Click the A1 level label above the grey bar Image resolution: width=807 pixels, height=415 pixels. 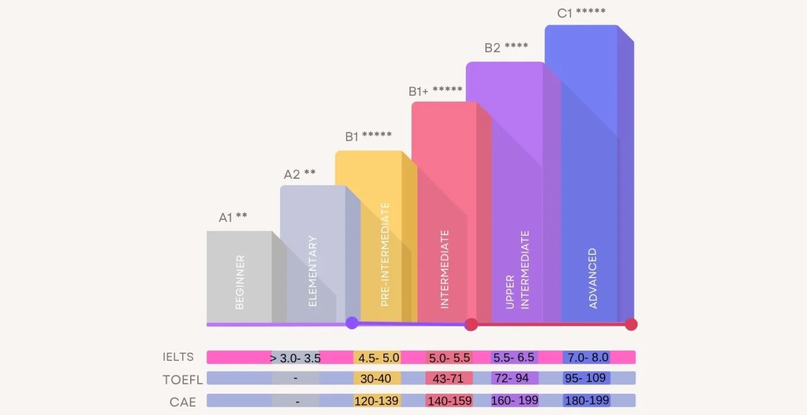(x=232, y=217)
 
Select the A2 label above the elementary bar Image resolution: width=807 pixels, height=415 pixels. (x=299, y=174)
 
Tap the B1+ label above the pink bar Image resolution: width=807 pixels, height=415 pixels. (x=435, y=90)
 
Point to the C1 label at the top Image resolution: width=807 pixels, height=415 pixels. (x=581, y=13)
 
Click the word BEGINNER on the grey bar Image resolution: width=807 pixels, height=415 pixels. (x=240, y=282)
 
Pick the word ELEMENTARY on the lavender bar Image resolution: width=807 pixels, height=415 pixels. (x=313, y=270)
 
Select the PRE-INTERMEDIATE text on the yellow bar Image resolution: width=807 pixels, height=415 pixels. (x=385, y=254)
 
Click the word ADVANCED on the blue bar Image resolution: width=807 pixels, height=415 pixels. (x=593, y=278)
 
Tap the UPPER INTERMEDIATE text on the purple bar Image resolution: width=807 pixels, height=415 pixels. (x=517, y=270)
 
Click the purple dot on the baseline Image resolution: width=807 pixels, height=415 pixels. (x=352, y=323)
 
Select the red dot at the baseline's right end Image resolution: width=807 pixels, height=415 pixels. (x=631, y=324)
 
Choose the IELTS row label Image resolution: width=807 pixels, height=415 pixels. (x=178, y=357)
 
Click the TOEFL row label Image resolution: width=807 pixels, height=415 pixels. (x=182, y=379)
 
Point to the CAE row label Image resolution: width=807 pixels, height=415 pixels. (x=183, y=401)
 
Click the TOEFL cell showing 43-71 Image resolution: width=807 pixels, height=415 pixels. (x=449, y=379)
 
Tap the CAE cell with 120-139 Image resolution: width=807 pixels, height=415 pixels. (x=377, y=401)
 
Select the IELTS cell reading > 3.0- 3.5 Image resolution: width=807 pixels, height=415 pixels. (x=295, y=358)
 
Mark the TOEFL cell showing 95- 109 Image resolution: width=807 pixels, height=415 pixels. (x=586, y=379)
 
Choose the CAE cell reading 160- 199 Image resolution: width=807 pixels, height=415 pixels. (x=514, y=401)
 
